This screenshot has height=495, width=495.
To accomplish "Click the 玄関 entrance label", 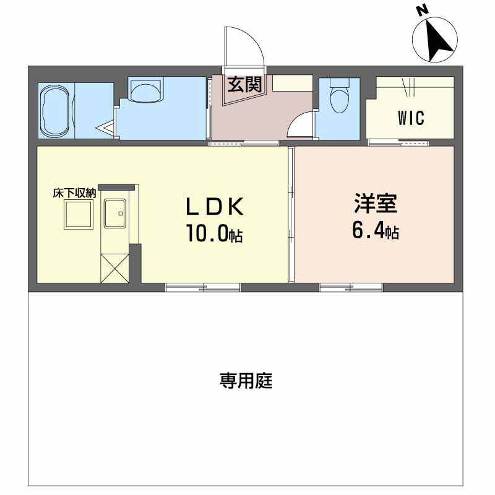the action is pos(244,84).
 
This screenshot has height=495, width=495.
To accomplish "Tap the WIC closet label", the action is pos(411,118).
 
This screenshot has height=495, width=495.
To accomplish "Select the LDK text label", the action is pos(215,207).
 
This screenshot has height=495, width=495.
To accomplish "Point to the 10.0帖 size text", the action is pos(214,233).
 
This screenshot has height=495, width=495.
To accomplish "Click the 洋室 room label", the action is pos(376,204).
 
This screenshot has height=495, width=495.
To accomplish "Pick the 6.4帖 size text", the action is pos(376,230).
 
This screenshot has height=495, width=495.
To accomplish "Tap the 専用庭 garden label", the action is pos(246,381).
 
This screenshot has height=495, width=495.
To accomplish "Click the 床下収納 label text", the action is pos(74,193).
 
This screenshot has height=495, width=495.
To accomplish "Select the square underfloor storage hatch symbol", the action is pos(79,215).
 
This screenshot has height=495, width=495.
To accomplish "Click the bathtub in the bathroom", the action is pos(55,111).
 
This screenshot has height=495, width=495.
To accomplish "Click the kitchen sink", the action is pos(115,213).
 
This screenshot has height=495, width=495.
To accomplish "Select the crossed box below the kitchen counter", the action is pos(114,268).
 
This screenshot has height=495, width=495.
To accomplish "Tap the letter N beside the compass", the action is pos(422,10).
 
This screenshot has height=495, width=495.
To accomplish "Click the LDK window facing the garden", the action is pos(203,288).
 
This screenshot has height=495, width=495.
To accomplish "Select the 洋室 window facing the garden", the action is pos(351,288).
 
